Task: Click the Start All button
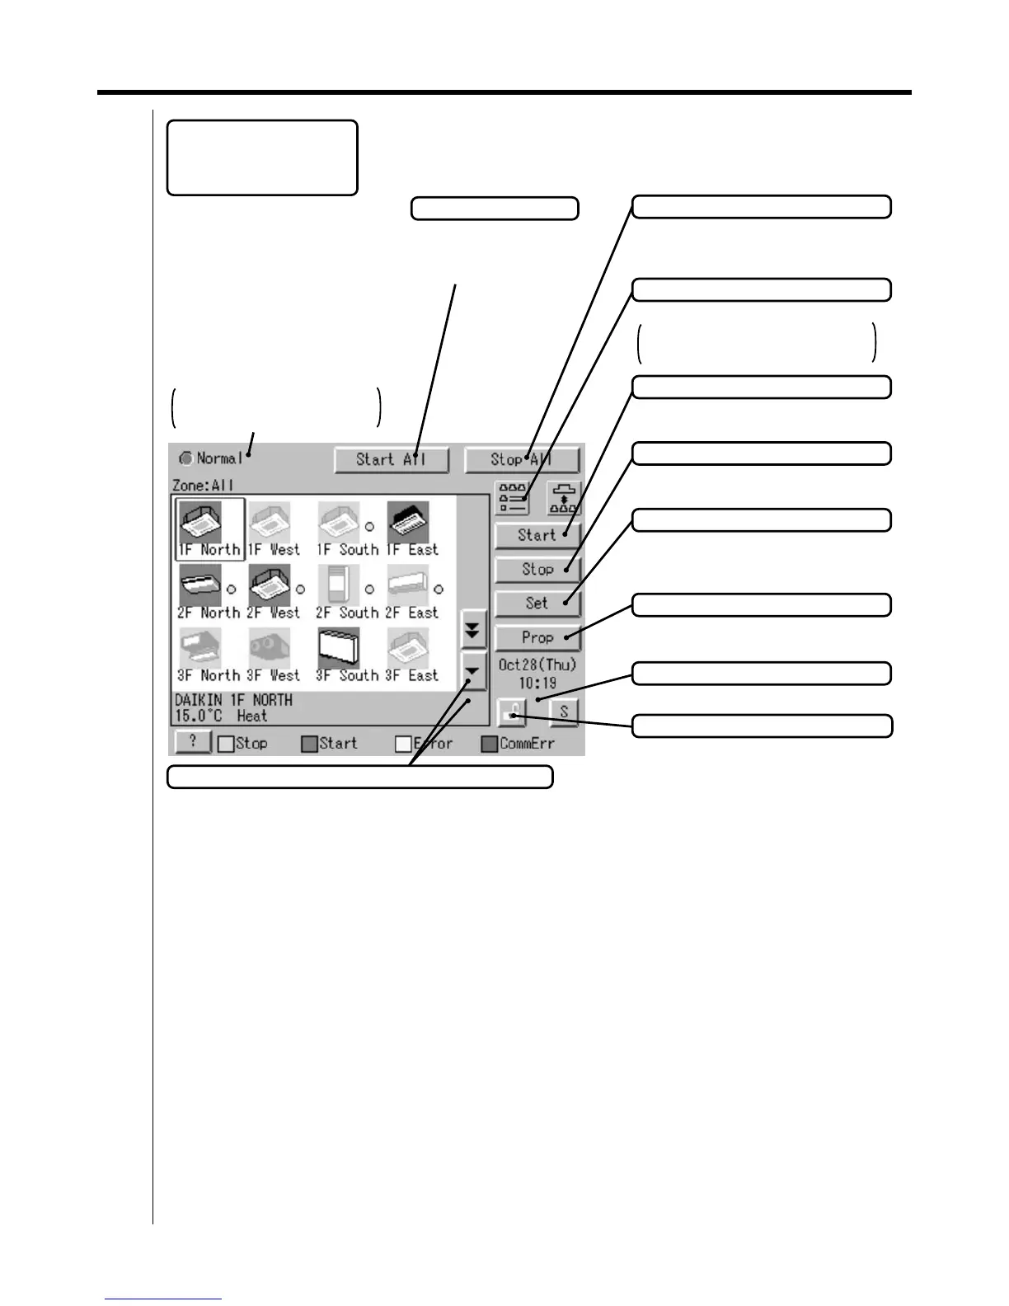tap(392, 460)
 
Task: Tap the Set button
tap(537, 604)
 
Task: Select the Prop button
tap(537, 637)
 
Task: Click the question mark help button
tap(193, 742)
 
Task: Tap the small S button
tap(564, 712)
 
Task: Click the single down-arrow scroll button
tap(473, 672)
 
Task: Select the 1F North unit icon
tap(199, 522)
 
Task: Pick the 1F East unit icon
tap(407, 522)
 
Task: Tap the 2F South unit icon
tap(338, 586)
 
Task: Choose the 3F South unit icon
tap(338, 650)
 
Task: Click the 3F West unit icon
tap(269, 650)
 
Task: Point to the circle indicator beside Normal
tap(186, 458)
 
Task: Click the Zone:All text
tap(203, 486)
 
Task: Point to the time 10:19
tap(537, 684)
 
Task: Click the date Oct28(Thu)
tap(537, 665)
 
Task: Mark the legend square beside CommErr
tap(490, 744)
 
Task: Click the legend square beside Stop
tap(226, 744)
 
